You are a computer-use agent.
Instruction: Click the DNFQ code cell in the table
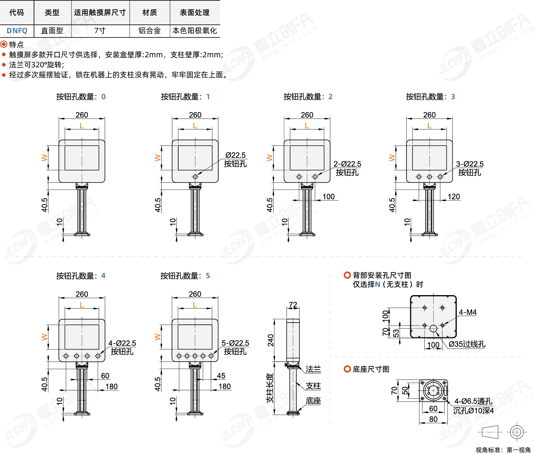(x=17, y=31)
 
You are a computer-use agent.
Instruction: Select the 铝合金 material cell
(x=149, y=31)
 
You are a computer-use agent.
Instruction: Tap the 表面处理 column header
(x=194, y=13)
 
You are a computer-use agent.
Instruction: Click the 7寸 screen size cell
(x=100, y=31)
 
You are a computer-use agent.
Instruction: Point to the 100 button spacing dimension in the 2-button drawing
(x=328, y=196)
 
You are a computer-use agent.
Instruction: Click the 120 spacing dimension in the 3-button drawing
(x=454, y=196)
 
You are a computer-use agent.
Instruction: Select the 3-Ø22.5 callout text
(x=470, y=164)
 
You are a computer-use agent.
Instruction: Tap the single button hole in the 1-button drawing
(x=195, y=177)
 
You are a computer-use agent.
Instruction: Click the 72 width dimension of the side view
(x=293, y=305)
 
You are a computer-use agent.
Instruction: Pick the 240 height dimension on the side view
(x=270, y=340)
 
